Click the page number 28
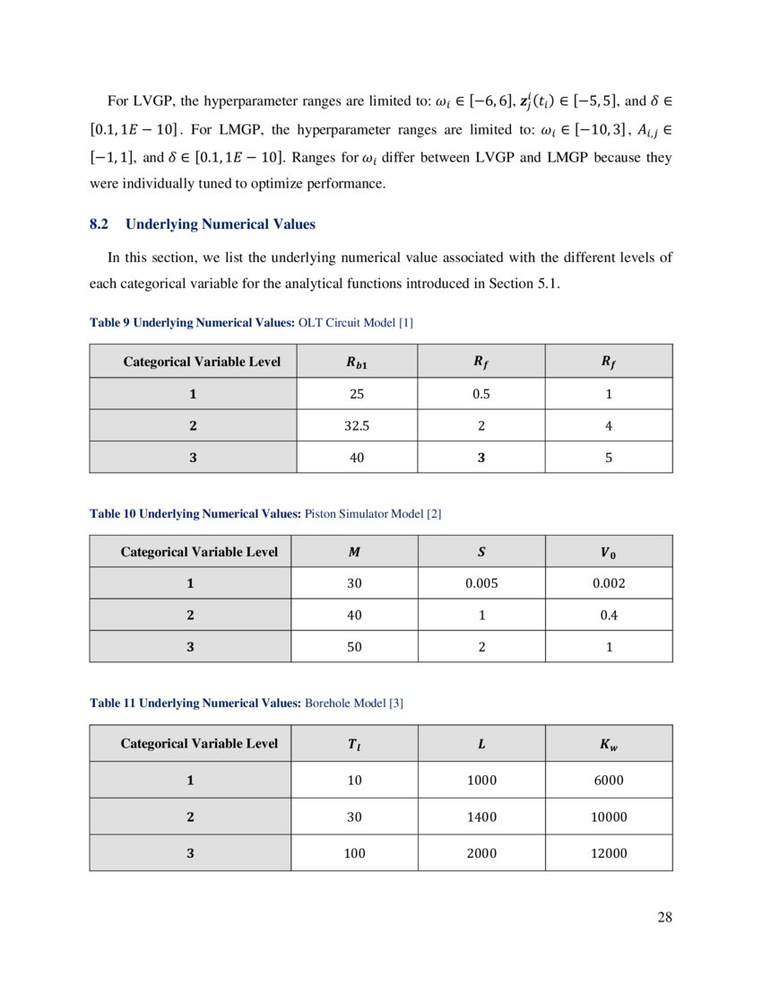663,916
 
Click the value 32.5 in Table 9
355,426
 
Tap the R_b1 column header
355,362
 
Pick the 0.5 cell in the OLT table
481,394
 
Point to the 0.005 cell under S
481,582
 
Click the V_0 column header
609,552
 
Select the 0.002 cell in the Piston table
609,582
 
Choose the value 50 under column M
355,646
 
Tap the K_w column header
609,743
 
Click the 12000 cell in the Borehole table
609,853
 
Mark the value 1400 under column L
481,817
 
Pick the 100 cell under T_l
355,853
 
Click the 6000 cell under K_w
609,780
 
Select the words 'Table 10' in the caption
110,514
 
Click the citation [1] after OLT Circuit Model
405,322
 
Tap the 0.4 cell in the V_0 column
609,615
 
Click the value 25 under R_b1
355,394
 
